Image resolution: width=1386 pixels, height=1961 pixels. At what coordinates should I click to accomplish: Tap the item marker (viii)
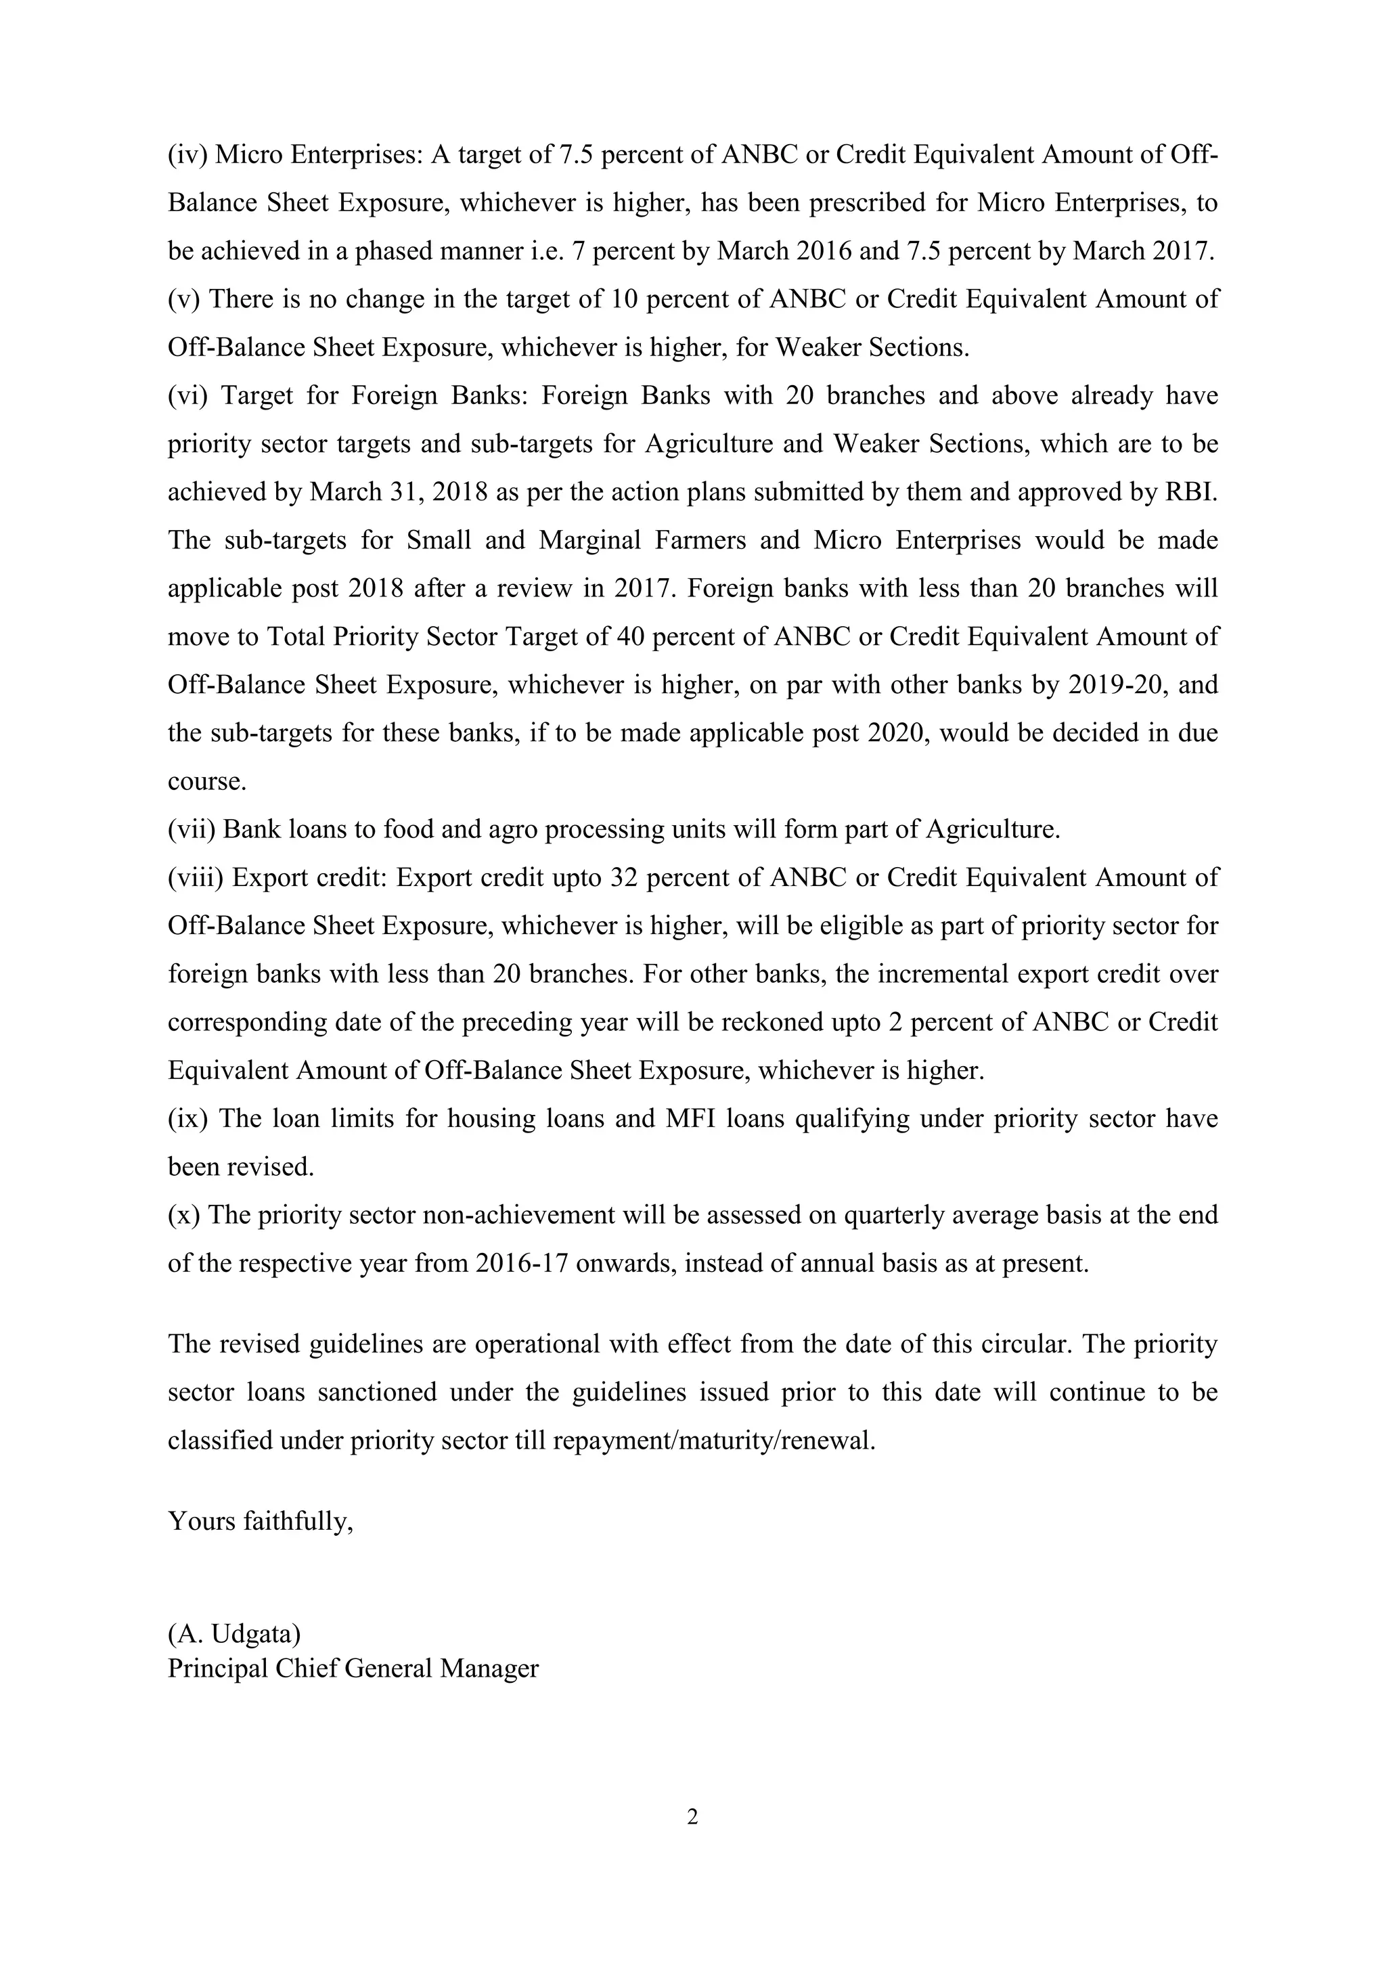[x=196, y=877]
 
